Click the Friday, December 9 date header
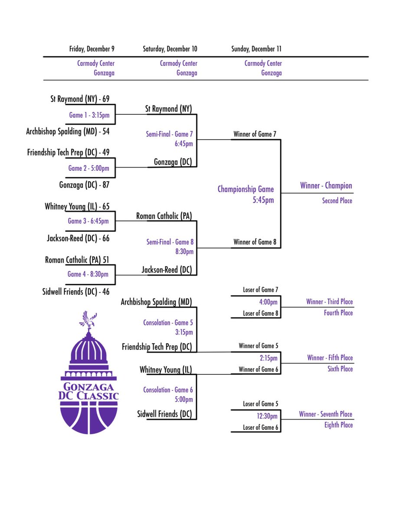click(x=92, y=49)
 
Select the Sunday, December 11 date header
click(x=256, y=49)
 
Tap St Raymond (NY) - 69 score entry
click(x=80, y=99)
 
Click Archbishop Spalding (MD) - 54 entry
click(x=68, y=131)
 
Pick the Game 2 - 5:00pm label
click(x=89, y=168)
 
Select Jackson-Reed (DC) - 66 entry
click(x=78, y=238)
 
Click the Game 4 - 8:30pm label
click(x=88, y=274)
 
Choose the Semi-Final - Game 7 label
click(x=170, y=135)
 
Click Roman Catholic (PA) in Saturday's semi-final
click(x=164, y=215)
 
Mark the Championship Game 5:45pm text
click(x=246, y=194)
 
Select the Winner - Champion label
click(x=326, y=186)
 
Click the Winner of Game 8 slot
click(x=255, y=242)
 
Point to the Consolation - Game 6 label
click(x=168, y=390)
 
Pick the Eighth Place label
click(x=338, y=425)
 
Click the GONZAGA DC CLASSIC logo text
click(x=89, y=391)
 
